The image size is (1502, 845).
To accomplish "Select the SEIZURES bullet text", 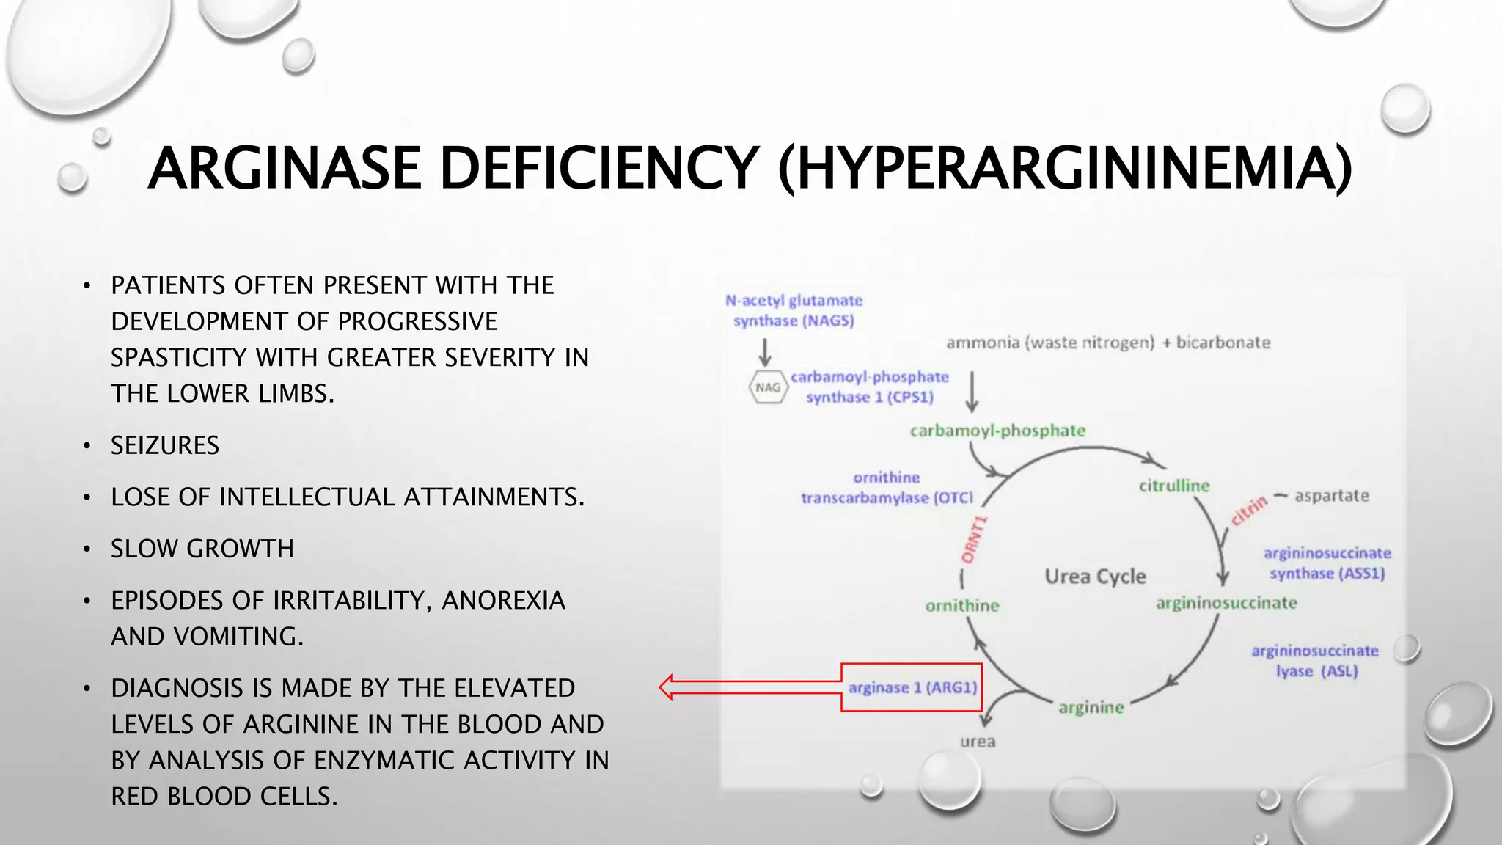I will [x=165, y=445].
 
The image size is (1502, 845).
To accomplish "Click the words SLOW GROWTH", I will [x=202, y=549].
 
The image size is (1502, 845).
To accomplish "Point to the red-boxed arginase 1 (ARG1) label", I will [x=912, y=687].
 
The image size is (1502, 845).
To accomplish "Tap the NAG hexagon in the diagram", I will [x=768, y=387].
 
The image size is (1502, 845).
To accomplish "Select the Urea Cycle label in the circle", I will [x=1095, y=577].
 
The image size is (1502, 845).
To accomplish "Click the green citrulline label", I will [x=1173, y=486].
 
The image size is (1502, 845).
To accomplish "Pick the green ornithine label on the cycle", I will [x=962, y=606].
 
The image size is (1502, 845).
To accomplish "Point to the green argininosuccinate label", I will [x=1226, y=603].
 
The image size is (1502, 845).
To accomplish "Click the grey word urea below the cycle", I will [x=978, y=742].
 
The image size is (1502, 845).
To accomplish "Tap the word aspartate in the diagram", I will [x=1332, y=496].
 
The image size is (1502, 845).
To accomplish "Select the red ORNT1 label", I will [x=974, y=541].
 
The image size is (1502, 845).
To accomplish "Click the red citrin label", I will [x=1248, y=511].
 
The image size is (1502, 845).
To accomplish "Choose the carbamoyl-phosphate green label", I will [x=997, y=431].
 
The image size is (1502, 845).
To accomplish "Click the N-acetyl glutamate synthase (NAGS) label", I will [x=794, y=310].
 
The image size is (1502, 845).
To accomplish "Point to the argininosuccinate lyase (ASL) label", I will [x=1315, y=661].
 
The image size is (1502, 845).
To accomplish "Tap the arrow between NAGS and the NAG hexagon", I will [x=765, y=352].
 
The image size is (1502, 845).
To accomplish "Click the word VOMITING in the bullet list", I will [x=238, y=637].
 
